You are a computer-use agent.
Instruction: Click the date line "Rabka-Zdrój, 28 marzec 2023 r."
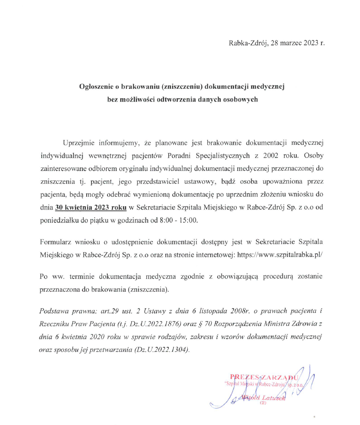coord(277,43)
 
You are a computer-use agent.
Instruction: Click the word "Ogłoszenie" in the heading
coord(96,87)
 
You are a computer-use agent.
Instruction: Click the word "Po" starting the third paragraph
coord(45,276)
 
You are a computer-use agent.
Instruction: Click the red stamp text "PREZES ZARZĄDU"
coord(265,377)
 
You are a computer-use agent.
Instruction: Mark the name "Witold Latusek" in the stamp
coord(262,397)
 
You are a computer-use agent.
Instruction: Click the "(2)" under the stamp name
coord(263,403)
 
